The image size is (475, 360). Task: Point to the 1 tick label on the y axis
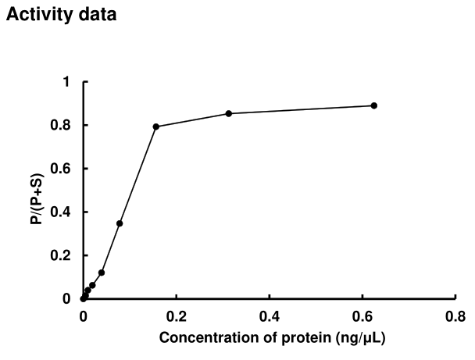(x=66, y=82)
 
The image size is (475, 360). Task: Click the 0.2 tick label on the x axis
(x=176, y=316)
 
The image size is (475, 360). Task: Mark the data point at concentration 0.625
(x=373, y=105)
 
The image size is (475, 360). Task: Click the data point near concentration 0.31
(x=229, y=113)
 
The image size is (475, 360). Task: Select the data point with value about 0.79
(x=156, y=127)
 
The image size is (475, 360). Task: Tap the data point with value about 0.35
(x=120, y=223)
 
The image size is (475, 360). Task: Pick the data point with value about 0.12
(x=102, y=273)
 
